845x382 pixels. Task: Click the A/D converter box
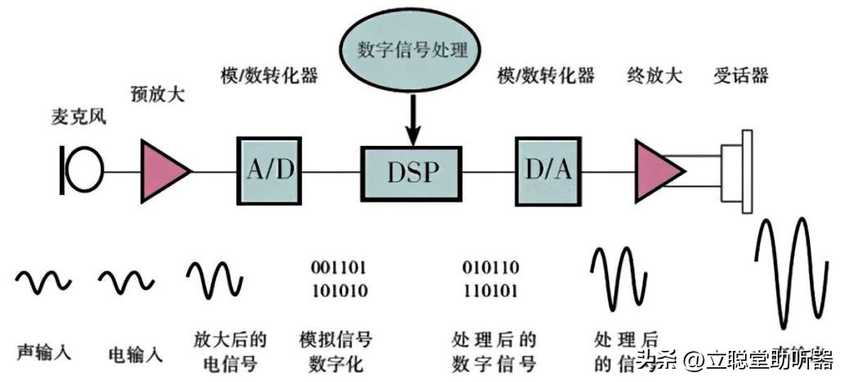tap(269, 171)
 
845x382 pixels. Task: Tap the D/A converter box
tap(548, 171)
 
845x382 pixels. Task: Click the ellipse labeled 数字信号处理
tap(413, 51)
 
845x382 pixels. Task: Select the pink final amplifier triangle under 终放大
tap(657, 171)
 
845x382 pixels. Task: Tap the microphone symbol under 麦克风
tap(83, 171)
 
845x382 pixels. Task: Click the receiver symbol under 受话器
tap(737, 171)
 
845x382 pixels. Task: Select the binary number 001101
tap(339, 267)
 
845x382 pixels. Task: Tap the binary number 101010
tap(339, 290)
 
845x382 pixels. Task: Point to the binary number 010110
tap(490, 267)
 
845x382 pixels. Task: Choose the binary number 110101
tap(490, 290)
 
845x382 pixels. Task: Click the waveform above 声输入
tap(43, 282)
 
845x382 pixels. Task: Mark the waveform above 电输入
tap(126, 282)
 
